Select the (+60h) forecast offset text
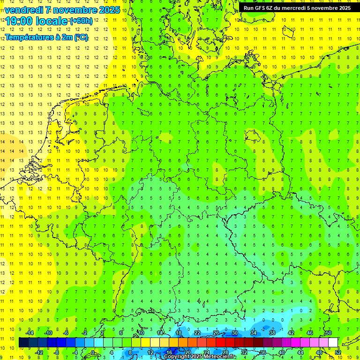pyautogui.click(x=81, y=21)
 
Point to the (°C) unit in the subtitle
pyautogui.click(x=80, y=37)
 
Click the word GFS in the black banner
pyautogui.click(x=261, y=7)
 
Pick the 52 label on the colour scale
pyautogui.click(x=337, y=352)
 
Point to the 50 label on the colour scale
pyautogui.click(x=328, y=333)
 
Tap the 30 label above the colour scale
pyautogui.click(x=234, y=333)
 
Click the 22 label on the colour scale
pyautogui.click(x=197, y=333)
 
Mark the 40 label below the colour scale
pyautogui.click(x=281, y=352)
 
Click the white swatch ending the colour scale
pyautogui.click(x=333, y=343)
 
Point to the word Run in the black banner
pyautogui.click(x=248, y=7)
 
